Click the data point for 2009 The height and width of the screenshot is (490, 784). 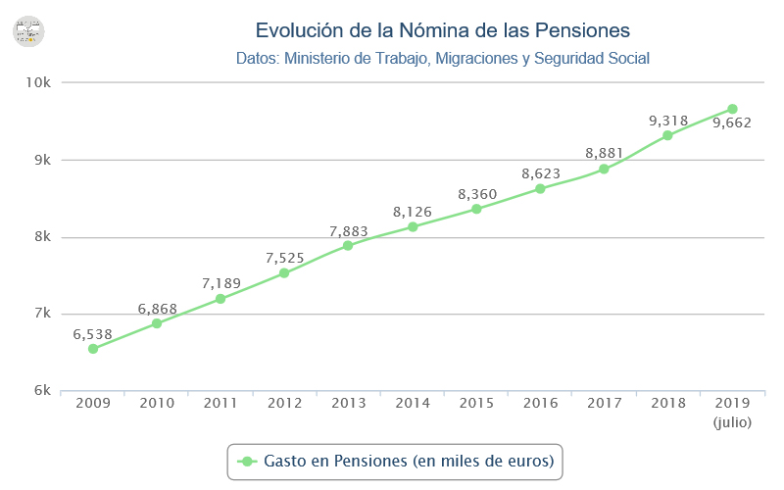pos(93,349)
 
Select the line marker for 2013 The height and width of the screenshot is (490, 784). pos(348,245)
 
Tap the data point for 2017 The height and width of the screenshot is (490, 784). pos(604,169)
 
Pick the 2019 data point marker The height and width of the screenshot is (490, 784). pos(732,109)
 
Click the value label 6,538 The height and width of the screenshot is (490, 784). pos(93,334)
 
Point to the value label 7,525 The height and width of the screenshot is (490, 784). pos(284,259)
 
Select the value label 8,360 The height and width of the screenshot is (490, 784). pos(477,194)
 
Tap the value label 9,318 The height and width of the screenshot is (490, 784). pos(668,121)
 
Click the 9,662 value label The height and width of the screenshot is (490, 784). pos(732,123)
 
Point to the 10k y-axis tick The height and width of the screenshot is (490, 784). pos(38,82)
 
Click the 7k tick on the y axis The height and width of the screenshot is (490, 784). pos(42,314)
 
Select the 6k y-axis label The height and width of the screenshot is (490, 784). pos(42,390)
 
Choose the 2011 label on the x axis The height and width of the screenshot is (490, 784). pos(220,403)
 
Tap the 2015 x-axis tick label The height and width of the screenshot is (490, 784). pos(476,403)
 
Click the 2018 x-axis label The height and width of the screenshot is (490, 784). pos(668,403)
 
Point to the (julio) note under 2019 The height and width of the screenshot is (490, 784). pos(732,421)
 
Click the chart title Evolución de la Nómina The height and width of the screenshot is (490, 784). pos(442,30)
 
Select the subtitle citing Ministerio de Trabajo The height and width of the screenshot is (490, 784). pos(443,59)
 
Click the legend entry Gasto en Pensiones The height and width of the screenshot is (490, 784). pos(395,460)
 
